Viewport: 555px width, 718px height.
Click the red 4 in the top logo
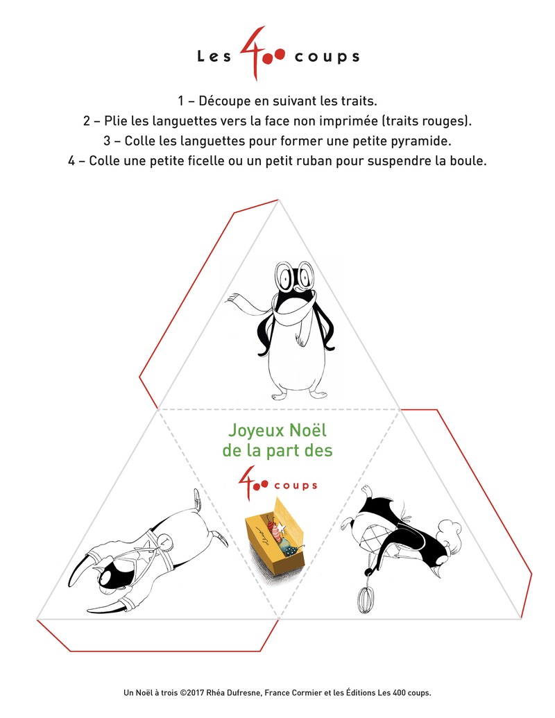pyautogui.click(x=253, y=53)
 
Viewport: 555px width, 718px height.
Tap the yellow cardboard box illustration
pyautogui.click(x=275, y=531)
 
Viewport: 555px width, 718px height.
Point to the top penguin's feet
pyautogui.click(x=300, y=394)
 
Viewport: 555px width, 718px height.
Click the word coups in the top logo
pyautogui.click(x=327, y=57)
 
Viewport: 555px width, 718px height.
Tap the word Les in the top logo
pyautogui.click(x=214, y=56)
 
